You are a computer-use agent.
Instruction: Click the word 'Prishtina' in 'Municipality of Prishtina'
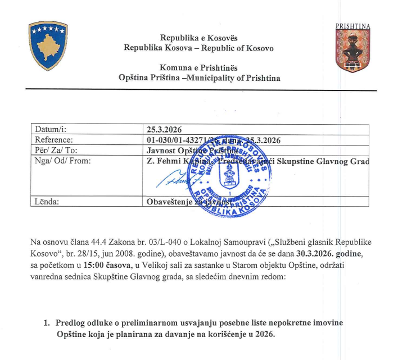coord(262,78)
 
